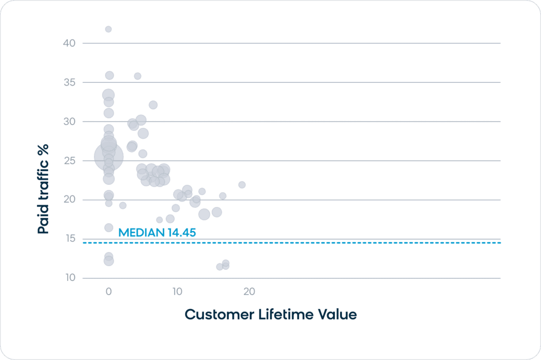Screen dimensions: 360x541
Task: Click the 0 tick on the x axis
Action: coord(108,291)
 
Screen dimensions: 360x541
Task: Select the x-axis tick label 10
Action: coord(177,291)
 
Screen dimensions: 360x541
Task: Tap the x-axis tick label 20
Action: coord(249,291)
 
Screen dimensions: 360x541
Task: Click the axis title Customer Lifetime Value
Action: coord(270,315)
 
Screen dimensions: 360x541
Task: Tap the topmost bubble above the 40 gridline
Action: coord(108,29)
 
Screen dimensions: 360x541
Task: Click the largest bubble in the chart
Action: coord(109,156)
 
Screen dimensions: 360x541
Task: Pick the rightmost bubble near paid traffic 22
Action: coord(242,185)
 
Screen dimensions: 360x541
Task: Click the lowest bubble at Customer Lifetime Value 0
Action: coord(108,261)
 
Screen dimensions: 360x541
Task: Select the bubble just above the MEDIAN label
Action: coord(108,228)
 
